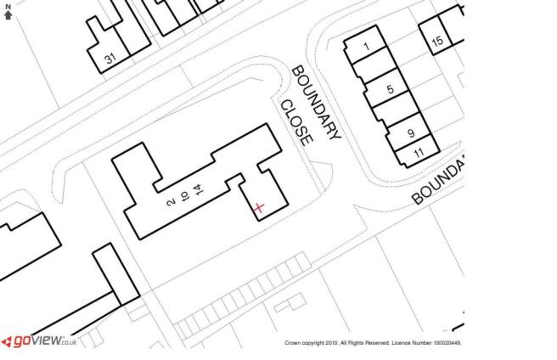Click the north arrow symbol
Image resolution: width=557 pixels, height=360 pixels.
coord(8,14)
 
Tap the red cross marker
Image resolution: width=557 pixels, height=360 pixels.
coord(259,207)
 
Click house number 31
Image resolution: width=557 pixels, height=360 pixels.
coord(110,58)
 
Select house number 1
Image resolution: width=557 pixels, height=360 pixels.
coord(367,46)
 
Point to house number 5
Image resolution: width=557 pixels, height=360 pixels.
coord(391,89)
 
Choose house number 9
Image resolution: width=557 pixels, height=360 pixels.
coord(411,133)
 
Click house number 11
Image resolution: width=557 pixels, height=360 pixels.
coord(419,153)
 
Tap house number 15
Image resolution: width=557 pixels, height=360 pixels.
coord(437,41)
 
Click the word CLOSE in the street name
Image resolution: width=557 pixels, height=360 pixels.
coord(297,123)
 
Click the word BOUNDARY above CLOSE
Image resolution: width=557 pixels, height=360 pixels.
coord(316,102)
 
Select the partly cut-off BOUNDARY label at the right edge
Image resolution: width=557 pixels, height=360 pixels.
coord(439,182)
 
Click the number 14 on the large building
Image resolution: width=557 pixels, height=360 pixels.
coord(200,189)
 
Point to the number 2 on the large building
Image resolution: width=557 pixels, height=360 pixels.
coord(171,203)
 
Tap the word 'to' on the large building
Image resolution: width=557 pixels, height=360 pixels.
coord(184,196)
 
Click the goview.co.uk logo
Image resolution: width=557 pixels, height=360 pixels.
coord(39,341)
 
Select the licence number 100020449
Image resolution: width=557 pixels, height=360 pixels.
coord(447,343)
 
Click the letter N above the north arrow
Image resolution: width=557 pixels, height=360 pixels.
coord(8,7)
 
